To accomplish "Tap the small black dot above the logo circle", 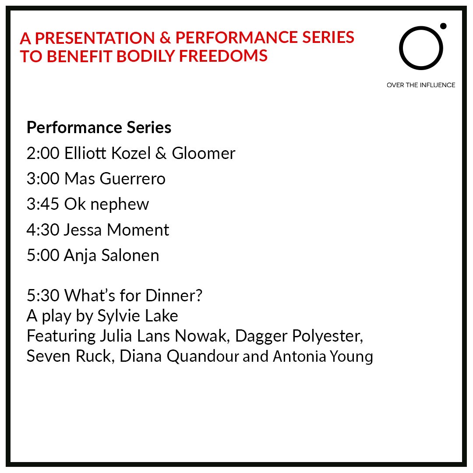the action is pos(443,26).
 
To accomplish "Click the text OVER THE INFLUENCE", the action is pos(421,85).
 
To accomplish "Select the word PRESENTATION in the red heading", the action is pos(95,38).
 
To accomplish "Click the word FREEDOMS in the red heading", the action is pos(223,56).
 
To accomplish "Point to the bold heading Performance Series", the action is pos(99,127).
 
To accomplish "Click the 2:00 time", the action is pos(43,153).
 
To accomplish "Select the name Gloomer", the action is pos(204,153).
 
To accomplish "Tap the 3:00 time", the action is pos(43,179).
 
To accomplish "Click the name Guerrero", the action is pos(132,179).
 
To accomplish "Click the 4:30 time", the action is pos(43,230).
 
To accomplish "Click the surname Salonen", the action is pos(131,255).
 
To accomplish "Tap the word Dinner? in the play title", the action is pos(174,295).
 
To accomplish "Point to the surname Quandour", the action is pos(203,357).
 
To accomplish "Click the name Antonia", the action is pos(300,356).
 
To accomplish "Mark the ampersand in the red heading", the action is pos(165,38).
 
